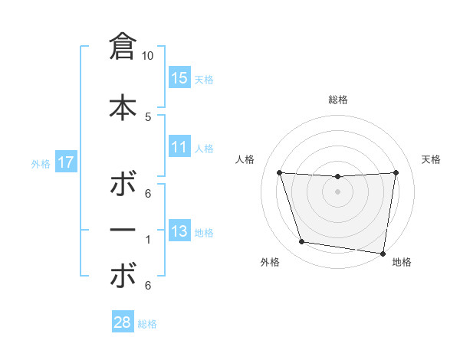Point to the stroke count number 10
pos(148,56)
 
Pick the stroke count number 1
pos(148,240)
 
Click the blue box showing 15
pos(179,78)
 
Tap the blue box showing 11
pos(179,147)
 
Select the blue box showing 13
pos(179,232)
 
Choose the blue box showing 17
pos(65,162)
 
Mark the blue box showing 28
pos(123,322)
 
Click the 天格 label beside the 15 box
pos(204,79)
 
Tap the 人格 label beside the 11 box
pos(204,148)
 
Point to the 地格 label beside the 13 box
pos(204,233)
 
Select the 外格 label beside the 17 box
pos(41,163)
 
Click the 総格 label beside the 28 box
pos(147,324)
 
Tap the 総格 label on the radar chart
pos(337,100)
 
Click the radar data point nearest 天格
pos(396,172)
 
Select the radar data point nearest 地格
pos(383,253)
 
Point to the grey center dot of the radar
pos(337,191)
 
